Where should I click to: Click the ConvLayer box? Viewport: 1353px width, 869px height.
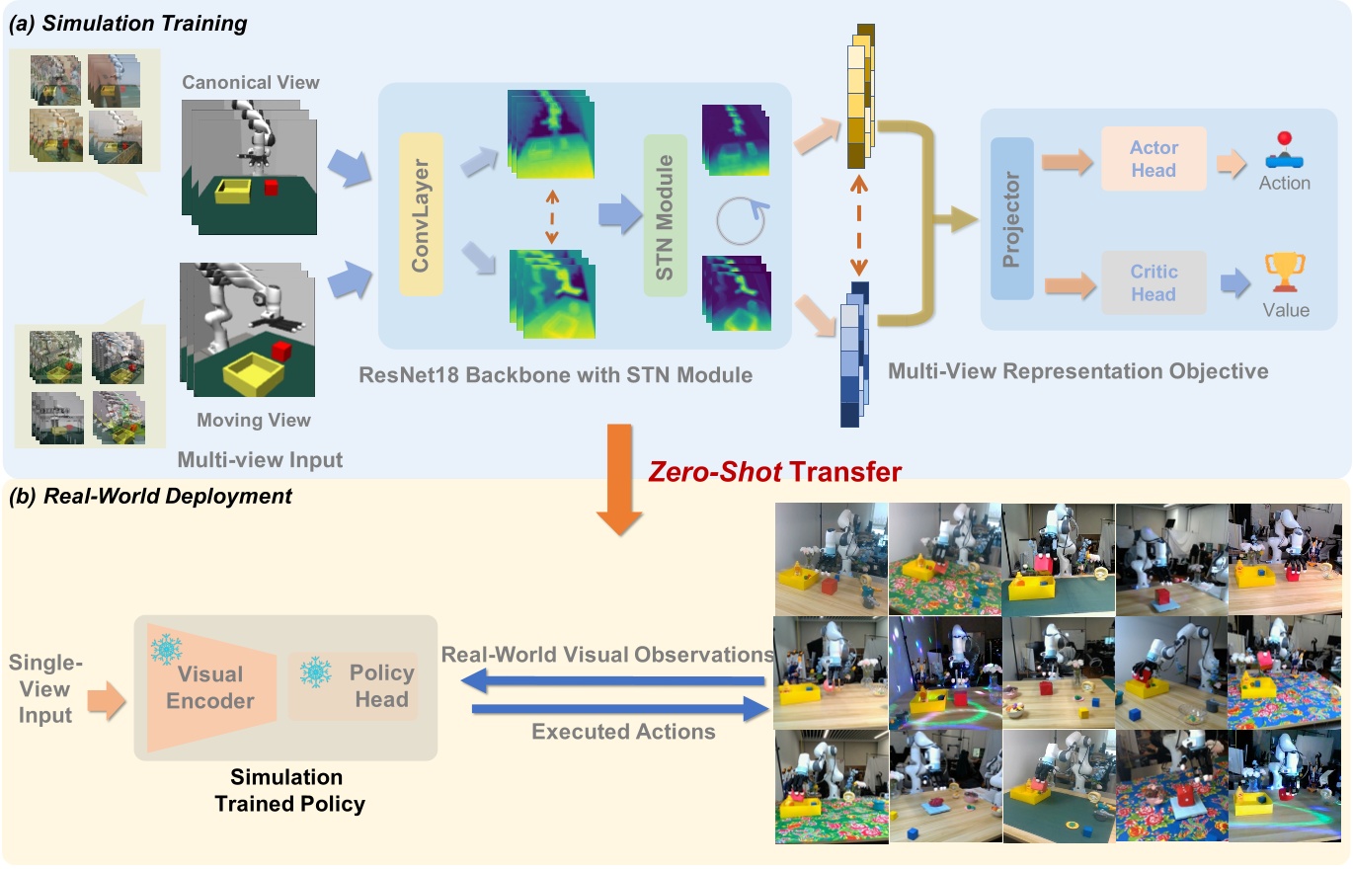(422, 216)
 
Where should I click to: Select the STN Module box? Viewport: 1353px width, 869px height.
(665, 216)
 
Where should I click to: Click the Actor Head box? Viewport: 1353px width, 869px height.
(1154, 158)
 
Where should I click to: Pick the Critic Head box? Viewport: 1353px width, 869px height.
(1154, 282)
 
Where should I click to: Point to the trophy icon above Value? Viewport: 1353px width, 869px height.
(1285, 273)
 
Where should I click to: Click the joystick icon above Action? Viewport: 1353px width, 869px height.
(1285, 150)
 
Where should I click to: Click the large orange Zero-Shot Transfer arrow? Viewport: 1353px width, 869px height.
(620, 479)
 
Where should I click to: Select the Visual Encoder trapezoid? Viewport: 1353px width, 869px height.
(209, 686)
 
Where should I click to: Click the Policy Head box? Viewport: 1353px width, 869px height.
(354, 685)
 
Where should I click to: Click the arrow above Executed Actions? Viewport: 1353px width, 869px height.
(619, 708)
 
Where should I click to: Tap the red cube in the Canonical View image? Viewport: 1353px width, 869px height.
(272, 188)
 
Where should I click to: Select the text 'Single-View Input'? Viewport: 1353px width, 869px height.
(45, 689)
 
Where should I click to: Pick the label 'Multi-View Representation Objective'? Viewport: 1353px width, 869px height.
(1077, 371)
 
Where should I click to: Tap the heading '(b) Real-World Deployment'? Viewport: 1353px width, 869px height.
(150, 496)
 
